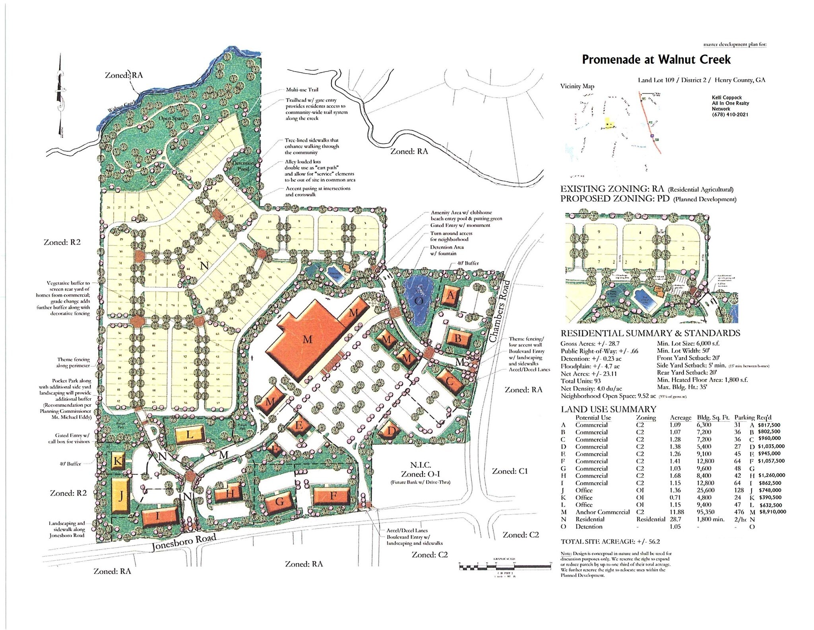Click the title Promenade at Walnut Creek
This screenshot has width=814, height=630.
coord(656,60)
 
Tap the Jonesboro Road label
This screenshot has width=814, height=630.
coord(184,543)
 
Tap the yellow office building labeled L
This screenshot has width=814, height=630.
coord(190,434)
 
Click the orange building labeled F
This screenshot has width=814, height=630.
coord(333,496)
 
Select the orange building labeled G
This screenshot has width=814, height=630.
coord(280,502)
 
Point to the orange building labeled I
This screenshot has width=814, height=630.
coord(158,517)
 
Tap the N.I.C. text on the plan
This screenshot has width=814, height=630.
coord(421,465)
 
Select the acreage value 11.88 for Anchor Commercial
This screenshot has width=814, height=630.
coord(678,512)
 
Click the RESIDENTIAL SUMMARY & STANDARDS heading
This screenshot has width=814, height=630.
coord(650,333)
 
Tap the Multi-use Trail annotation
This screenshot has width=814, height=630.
coord(302,90)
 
